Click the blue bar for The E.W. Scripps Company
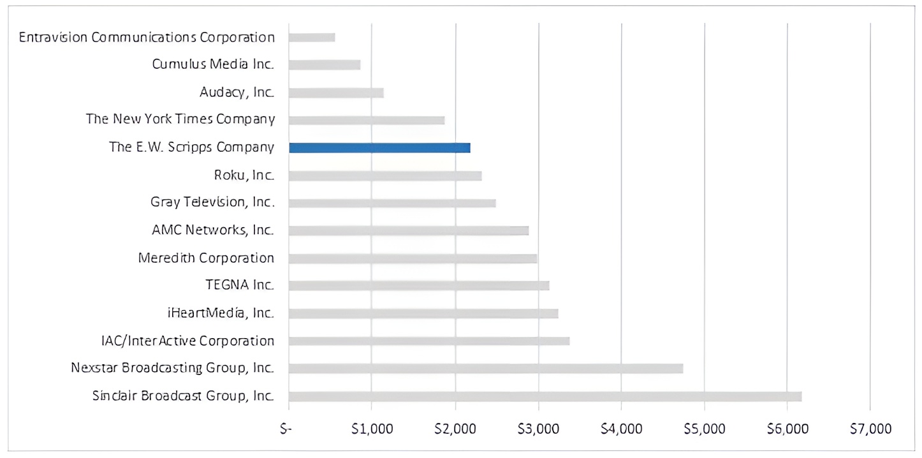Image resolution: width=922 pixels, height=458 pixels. click(x=379, y=148)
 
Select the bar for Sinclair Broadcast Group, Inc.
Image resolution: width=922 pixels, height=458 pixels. click(x=545, y=396)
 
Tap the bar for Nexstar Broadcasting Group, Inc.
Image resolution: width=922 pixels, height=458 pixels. click(x=486, y=368)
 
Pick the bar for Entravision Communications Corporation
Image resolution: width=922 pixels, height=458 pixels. click(x=312, y=38)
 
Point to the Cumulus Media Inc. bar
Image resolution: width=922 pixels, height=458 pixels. click(x=325, y=65)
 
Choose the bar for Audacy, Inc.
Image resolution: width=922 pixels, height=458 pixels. click(x=336, y=92)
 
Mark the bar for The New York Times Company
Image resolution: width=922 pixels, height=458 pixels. click(x=367, y=121)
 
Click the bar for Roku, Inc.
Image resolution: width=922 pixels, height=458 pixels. click(x=385, y=176)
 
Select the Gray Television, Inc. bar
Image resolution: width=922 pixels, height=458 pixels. click(x=392, y=203)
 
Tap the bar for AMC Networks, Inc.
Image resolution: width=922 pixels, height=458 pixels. click(x=409, y=231)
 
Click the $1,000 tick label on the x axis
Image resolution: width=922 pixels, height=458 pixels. click(x=372, y=429)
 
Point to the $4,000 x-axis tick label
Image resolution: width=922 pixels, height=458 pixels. click(x=622, y=429)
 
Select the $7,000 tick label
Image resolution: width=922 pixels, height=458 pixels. click(x=870, y=429)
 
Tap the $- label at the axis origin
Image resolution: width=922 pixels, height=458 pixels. click(x=286, y=429)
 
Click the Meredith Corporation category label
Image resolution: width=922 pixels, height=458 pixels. click(x=206, y=258)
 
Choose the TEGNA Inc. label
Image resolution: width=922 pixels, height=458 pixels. click(x=240, y=285)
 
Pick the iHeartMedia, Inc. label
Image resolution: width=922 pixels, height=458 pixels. click(x=221, y=313)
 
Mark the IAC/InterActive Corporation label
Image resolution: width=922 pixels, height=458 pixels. click(x=187, y=341)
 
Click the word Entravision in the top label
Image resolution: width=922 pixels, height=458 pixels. click(x=53, y=38)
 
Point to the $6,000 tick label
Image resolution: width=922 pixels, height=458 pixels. click(x=787, y=429)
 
